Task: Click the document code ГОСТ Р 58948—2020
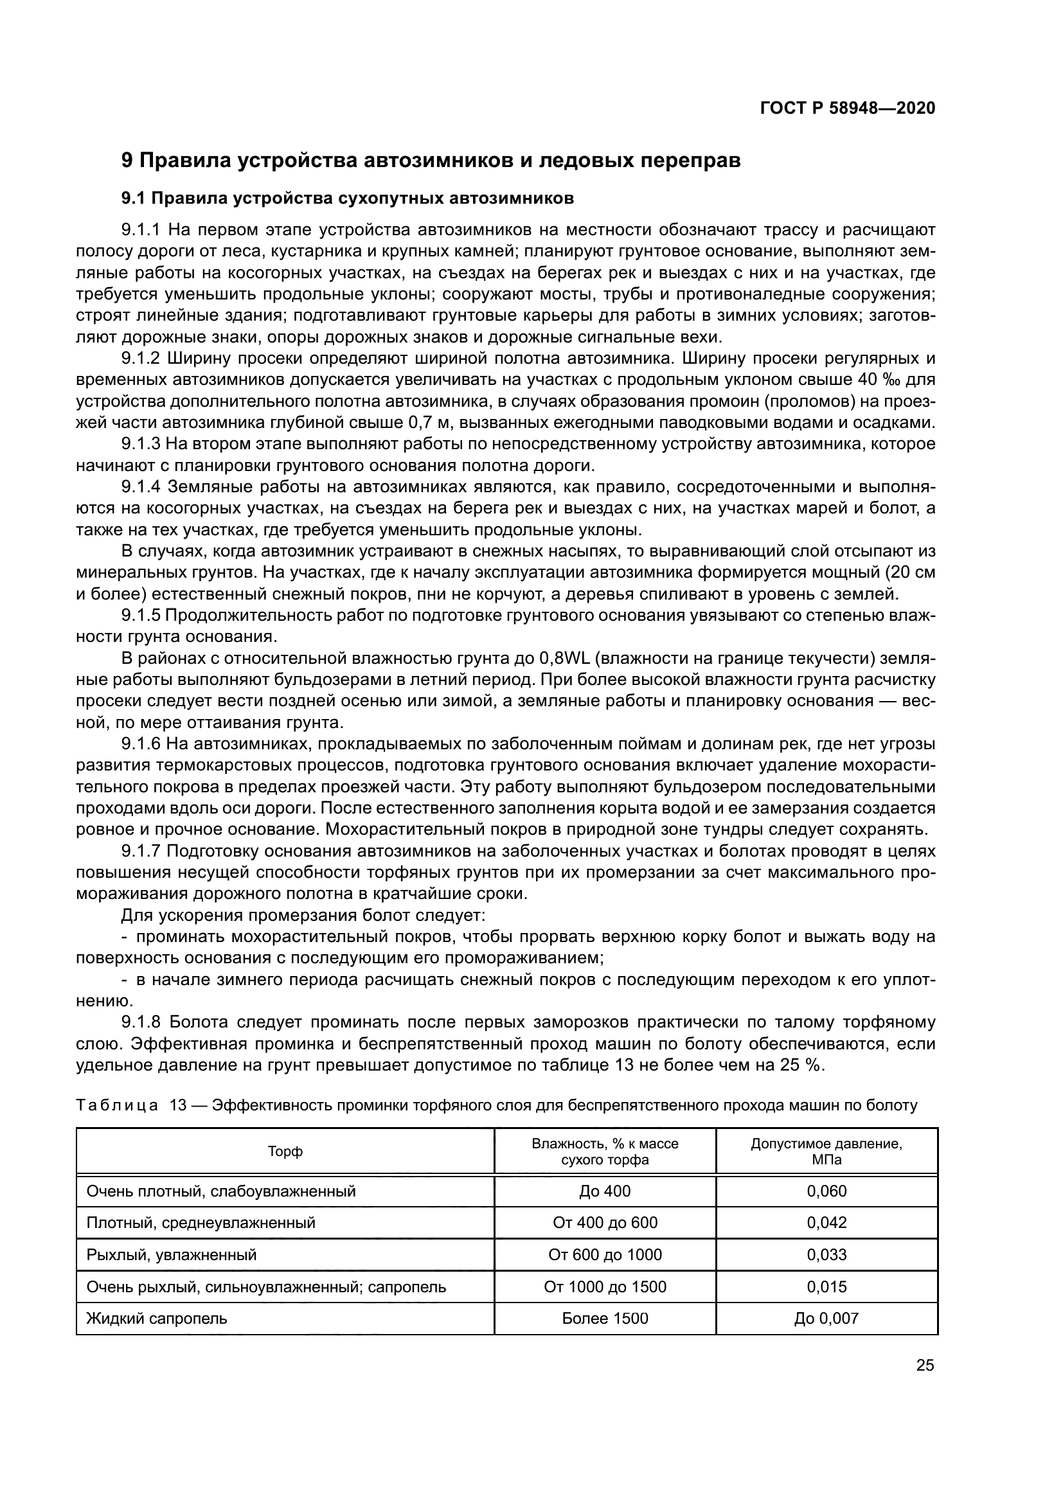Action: (847, 109)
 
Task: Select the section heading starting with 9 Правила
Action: (431, 161)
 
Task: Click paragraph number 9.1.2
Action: (141, 358)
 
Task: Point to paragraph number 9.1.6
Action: (141, 744)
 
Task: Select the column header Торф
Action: (285, 1152)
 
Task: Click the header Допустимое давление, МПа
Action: (826, 1152)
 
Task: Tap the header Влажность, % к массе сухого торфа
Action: (605, 1152)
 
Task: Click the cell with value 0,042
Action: (826, 1223)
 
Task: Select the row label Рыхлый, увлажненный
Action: (172, 1255)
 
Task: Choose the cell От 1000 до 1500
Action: (605, 1287)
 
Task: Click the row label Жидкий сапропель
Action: (157, 1319)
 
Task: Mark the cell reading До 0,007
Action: (826, 1319)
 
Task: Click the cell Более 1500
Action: (605, 1319)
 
